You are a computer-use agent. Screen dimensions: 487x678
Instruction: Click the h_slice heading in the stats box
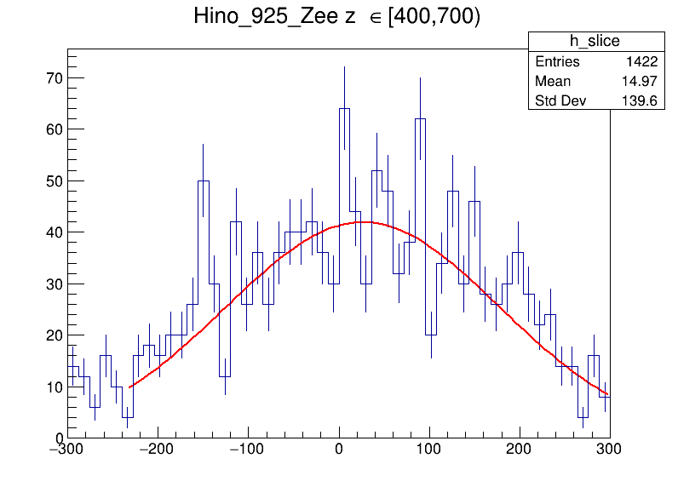(595, 42)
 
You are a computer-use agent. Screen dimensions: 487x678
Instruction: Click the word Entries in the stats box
(557, 62)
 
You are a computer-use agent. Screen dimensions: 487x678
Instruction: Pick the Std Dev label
(561, 102)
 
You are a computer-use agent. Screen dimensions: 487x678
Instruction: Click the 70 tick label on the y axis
(52, 78)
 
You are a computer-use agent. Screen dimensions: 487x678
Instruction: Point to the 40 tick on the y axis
(52, 232)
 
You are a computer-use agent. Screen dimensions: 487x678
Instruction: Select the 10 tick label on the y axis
(52, 387)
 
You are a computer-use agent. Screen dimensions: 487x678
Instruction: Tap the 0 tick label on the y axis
(56, 438)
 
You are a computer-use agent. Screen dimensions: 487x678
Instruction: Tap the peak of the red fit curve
(363, 222)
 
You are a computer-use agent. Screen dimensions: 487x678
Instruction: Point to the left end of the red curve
(129, 387)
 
